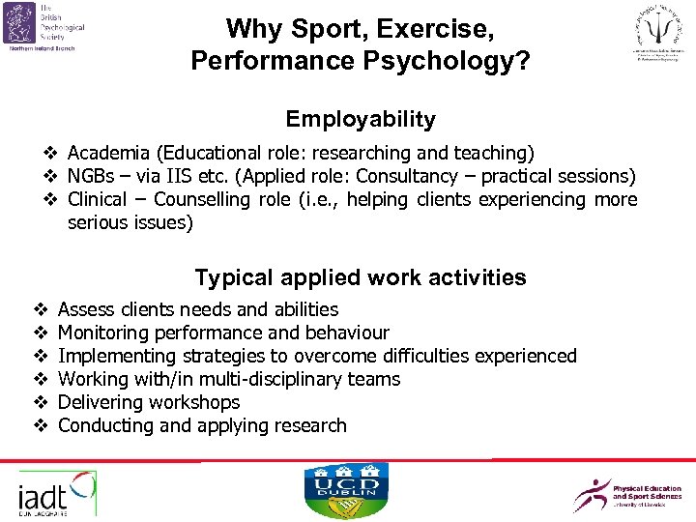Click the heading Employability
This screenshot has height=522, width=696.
coord(360,120)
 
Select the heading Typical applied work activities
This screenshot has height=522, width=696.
coord(360,278)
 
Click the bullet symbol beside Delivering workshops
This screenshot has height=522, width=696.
coord(41,402)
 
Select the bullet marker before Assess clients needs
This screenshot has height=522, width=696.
coord(41,309)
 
